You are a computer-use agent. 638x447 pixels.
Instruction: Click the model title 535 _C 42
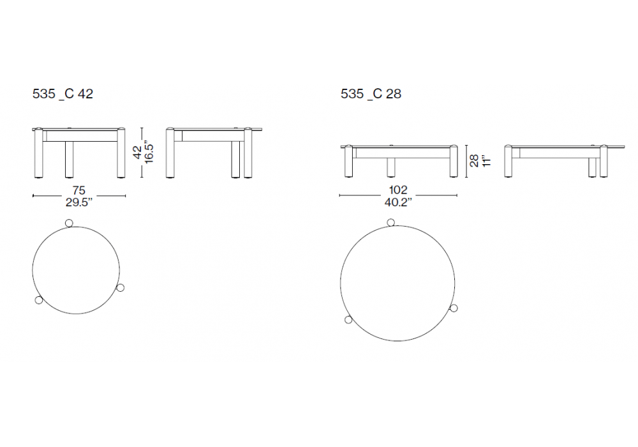coord(63,94)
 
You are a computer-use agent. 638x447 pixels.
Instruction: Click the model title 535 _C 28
coord(371,94)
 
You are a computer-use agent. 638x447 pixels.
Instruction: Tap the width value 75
coord(79,190)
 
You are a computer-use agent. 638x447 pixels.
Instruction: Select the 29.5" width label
coord(79,202)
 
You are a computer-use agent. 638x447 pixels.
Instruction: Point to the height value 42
coord(138,153)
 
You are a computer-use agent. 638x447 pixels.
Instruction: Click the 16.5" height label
coord(149,153)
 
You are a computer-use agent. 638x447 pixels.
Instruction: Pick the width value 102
coord(398,190)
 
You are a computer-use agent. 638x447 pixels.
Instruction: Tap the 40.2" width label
coord(398,202)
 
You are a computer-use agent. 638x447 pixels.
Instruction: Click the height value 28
coord(474,160)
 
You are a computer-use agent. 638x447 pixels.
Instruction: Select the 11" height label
coord(486,160)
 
